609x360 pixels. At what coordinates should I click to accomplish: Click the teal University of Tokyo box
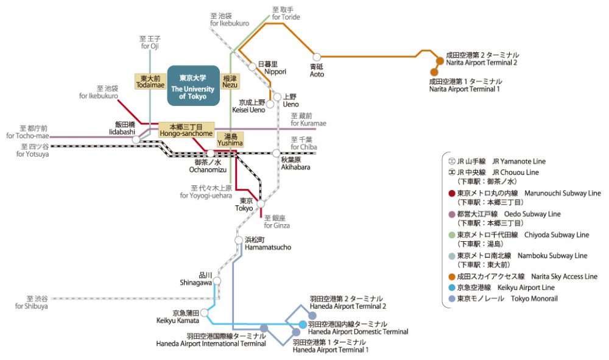pyautogui.click(x=193, y=86)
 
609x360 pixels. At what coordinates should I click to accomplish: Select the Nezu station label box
pyautogui.click(x=230, y=82)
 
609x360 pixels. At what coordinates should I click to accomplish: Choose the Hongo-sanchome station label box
pyautogui.click(x=186, y=129)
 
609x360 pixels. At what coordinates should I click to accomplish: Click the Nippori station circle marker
pyautogui.click(x=253, y=66)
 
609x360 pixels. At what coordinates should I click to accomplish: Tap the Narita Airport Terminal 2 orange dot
pyautogui.click(x=440, y=61)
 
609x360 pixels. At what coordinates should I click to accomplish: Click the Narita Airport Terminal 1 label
pyautogui.click(x=465, y=85)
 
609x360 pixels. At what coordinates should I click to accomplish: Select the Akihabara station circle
pyautogui.click(x=276, y=153)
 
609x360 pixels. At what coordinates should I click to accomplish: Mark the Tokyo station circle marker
pyautogui.click(x=261, y=205)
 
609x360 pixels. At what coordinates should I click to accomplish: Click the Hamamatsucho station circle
pyautogui.click(x=239, y=241)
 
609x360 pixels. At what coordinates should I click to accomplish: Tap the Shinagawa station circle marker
pyautogui.click(x=217, y=281)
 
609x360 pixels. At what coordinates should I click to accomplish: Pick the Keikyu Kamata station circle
pyautogui.click(x=205, y=312)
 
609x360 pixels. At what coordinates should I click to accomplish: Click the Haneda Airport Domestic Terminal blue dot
pyautogui.click(x=303, y=323)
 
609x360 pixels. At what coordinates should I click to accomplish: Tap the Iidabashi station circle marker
pyautogui.click(x=136, y=139)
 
